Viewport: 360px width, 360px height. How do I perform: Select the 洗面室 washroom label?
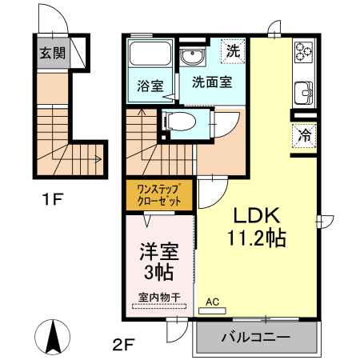point(212,81)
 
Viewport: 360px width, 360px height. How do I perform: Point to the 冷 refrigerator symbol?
point(305,135)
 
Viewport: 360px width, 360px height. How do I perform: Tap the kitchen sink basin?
point(305,93)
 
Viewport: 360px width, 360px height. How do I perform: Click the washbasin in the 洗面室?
point(192,58)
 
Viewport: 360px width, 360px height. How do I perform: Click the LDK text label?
point(256,215)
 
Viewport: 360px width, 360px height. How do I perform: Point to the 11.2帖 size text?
point(257,238)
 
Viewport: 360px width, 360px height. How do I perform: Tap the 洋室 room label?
point(158,251)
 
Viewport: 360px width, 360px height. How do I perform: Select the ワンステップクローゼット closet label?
point(159,196)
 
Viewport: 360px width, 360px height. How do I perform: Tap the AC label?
point(212,302)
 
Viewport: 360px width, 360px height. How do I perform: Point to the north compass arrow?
point(54,335)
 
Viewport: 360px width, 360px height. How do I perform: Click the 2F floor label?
point(122,346)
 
